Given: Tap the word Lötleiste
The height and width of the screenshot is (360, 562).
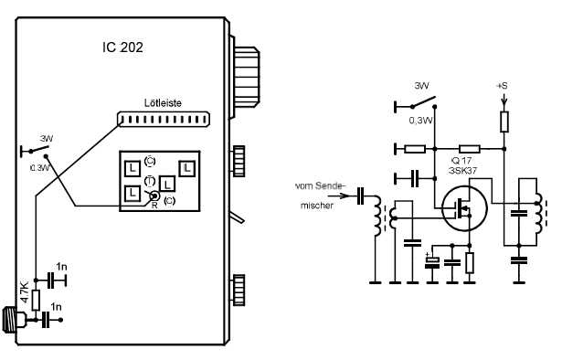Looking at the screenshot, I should (164, 104).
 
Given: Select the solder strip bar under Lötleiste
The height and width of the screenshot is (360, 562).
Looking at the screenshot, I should (164, 119).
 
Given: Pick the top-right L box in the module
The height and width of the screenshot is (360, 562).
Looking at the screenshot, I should (186, 168).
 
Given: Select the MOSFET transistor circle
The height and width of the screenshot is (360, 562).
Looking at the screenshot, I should (462, 210).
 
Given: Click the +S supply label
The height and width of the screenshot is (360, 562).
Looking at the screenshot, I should (502, 86).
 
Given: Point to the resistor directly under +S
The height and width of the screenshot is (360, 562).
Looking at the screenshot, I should (503, 120).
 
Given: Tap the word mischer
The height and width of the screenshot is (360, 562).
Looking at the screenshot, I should (313, 205).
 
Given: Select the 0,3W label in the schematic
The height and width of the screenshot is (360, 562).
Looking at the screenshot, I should (421, 119).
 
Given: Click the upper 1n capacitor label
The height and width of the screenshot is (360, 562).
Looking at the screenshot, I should (61, 266).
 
